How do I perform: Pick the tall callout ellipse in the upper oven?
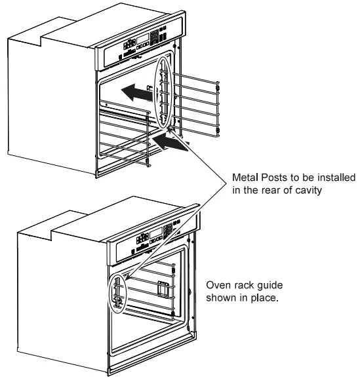pyautogui.click(x=166, y=92)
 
